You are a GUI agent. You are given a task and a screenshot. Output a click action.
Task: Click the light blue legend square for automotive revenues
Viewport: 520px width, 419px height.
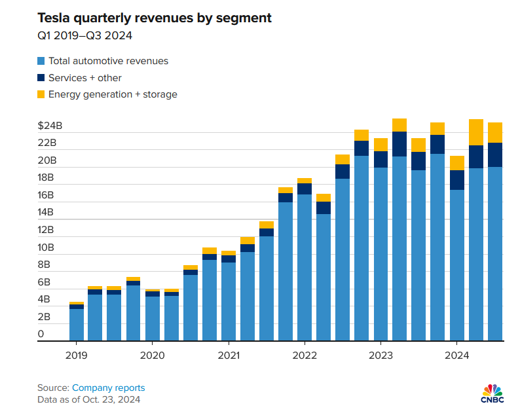(x=41, y=61)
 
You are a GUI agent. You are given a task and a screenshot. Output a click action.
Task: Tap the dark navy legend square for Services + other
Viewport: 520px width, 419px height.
(x=41, y=78)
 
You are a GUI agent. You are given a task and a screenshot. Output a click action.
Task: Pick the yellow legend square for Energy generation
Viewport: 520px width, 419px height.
(x=41, y=94)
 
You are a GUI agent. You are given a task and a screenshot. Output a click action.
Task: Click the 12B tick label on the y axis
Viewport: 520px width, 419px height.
(x=46, y=230)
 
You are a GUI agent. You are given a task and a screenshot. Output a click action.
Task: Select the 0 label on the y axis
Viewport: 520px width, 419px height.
(x=41, y=334)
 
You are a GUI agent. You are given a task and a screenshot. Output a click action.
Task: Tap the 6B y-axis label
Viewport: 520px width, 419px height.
(x=44, y=282)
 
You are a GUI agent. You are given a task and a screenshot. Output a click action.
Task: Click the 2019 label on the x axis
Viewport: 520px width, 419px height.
(x=77, y=355)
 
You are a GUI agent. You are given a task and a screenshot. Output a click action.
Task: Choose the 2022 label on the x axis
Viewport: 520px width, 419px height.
(x=305, y=355)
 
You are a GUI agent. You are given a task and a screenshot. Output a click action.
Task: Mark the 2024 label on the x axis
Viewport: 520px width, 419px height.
(x=456, y=355)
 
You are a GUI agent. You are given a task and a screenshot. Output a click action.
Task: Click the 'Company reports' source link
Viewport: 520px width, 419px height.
(x=108, y=388)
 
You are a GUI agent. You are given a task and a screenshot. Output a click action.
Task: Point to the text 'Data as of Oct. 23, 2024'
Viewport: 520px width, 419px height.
(x=88, y=399)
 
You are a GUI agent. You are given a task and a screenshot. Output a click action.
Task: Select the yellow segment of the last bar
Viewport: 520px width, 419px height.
(x=495, y=132)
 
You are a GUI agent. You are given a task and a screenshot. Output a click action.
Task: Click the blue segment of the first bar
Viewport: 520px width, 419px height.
(x=77, y=325)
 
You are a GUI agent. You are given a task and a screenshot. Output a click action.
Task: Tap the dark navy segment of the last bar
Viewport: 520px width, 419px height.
(x=495, y=155)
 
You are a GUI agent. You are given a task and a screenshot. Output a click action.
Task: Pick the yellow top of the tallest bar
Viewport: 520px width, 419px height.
(x=399, y=125)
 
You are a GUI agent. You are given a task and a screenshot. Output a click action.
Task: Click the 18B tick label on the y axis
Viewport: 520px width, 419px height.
(x=46, y=177)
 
